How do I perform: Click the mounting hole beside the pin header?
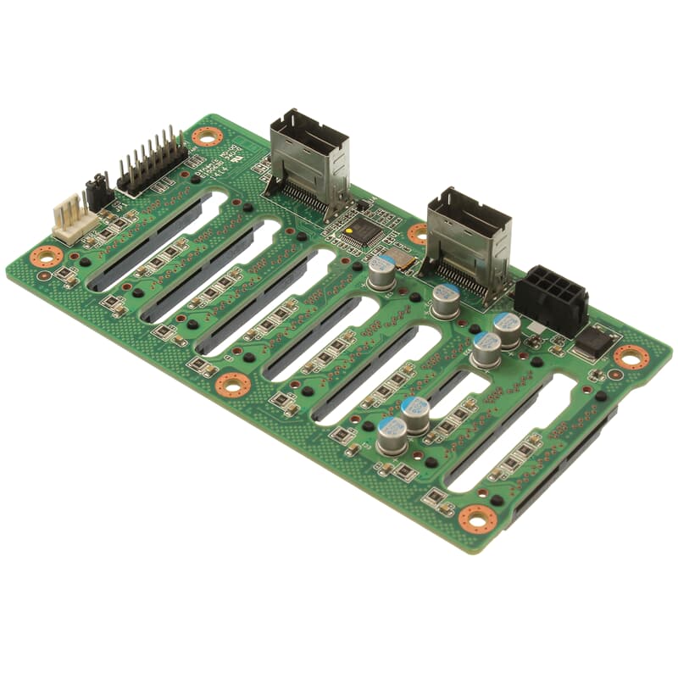(x=205, y=136)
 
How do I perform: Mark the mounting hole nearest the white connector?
(x=47, y=254)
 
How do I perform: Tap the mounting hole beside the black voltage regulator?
(x=631, y=357)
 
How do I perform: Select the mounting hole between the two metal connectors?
(x=418, y=234)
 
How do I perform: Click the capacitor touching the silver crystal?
(x=382, y=272)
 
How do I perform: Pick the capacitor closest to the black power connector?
(x=507, y=329)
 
